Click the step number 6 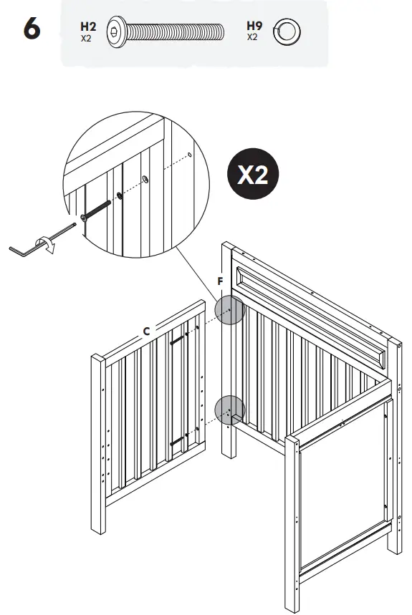point(32,32)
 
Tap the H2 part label point(88,26)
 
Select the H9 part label point(254,26)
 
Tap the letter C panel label point(145,331)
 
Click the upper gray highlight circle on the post point(230,310)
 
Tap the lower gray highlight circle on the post point(230,410)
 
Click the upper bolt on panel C point(180,339)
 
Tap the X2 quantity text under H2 point(87,38)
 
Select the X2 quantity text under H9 point(253,38)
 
